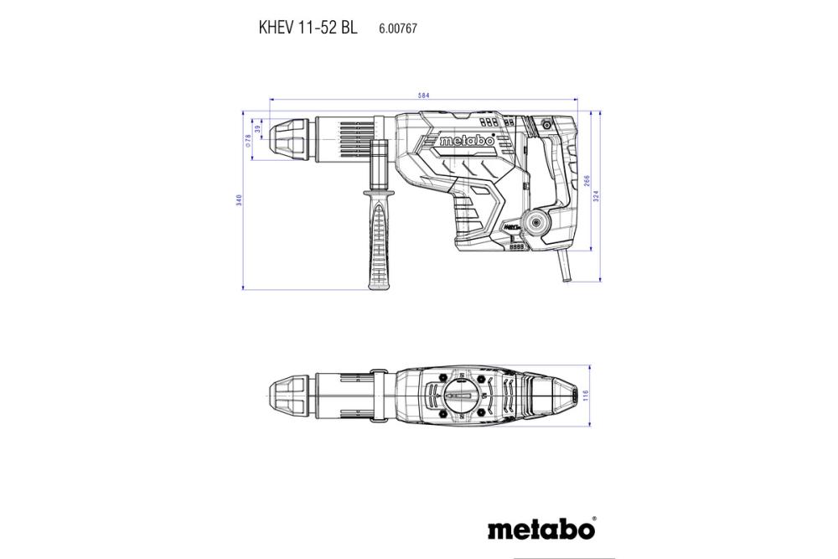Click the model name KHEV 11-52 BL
(308, 28)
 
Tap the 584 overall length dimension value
(424, 96)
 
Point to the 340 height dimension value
(239, 200)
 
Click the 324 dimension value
(597, 194)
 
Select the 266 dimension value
(587, 181)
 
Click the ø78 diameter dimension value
(248, 138)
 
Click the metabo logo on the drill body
(467, 141)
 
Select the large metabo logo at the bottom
(540, 531)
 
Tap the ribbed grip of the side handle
(376, 243)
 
